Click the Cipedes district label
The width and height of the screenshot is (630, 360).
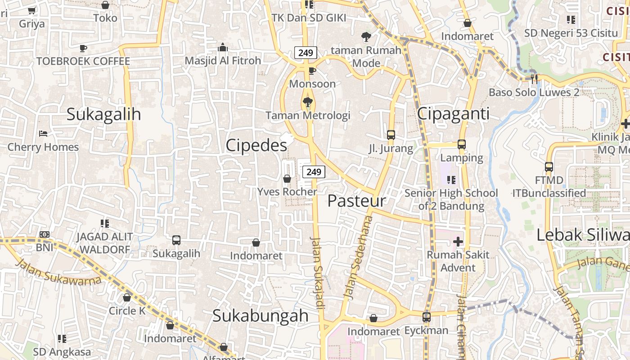point(256,145)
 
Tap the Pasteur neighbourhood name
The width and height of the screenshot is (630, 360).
point(356,201)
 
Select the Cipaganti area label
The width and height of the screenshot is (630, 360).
point(453,113)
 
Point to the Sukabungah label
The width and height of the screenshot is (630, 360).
point(261,315)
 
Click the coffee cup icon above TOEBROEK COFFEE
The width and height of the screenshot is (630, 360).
point(83,48)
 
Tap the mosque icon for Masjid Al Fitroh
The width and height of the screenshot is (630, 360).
point(223,47)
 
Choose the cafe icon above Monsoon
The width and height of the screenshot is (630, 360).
point(312,71)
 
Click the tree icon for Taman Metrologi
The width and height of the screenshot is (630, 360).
point(308,103)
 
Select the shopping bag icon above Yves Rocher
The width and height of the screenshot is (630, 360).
point(287,179)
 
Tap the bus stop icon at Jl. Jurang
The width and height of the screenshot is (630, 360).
point(391,135)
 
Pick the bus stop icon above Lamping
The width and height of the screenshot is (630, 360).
point(462,144)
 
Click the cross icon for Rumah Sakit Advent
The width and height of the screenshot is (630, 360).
point(458,242)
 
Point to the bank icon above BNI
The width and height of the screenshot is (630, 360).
point(45,234)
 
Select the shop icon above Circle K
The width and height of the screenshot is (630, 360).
point(127,297)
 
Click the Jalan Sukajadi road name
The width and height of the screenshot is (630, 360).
point(318,273)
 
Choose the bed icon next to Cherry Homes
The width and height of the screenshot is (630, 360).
point(43,134)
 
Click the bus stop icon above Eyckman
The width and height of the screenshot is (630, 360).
point(427,317)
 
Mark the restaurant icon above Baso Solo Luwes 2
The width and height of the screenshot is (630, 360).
point(534,79)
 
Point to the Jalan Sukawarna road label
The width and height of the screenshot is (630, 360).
point(58,272)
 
